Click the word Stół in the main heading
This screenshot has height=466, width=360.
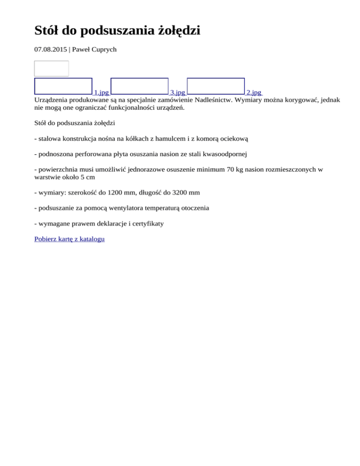[x=48, y=31]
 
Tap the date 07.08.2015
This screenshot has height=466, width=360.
[x=51, y=49]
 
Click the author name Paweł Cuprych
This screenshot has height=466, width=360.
[x=94, y=49]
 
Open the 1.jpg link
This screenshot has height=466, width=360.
[x=101, y=93]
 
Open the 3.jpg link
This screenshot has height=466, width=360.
[x=177, y=93]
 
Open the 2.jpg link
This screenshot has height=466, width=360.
[x=254, y=93]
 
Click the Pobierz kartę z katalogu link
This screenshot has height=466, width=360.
[x=69, y=239]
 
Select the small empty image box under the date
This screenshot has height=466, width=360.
[x=52, y=68]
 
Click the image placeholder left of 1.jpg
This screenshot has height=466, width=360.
[x=63, y=86]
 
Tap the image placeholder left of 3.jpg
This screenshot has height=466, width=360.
[x=140, y=86]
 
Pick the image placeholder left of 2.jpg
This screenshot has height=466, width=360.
[x=216, y=86]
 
